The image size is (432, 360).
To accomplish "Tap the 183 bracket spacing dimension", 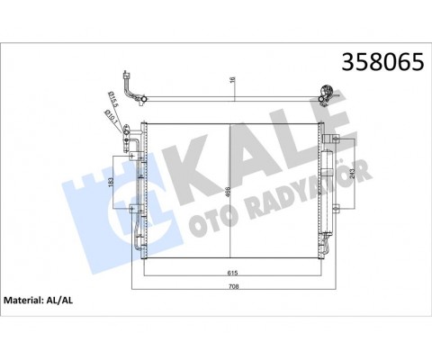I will (x=111, y=184).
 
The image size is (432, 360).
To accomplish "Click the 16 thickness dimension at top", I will (x=233, y=81).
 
